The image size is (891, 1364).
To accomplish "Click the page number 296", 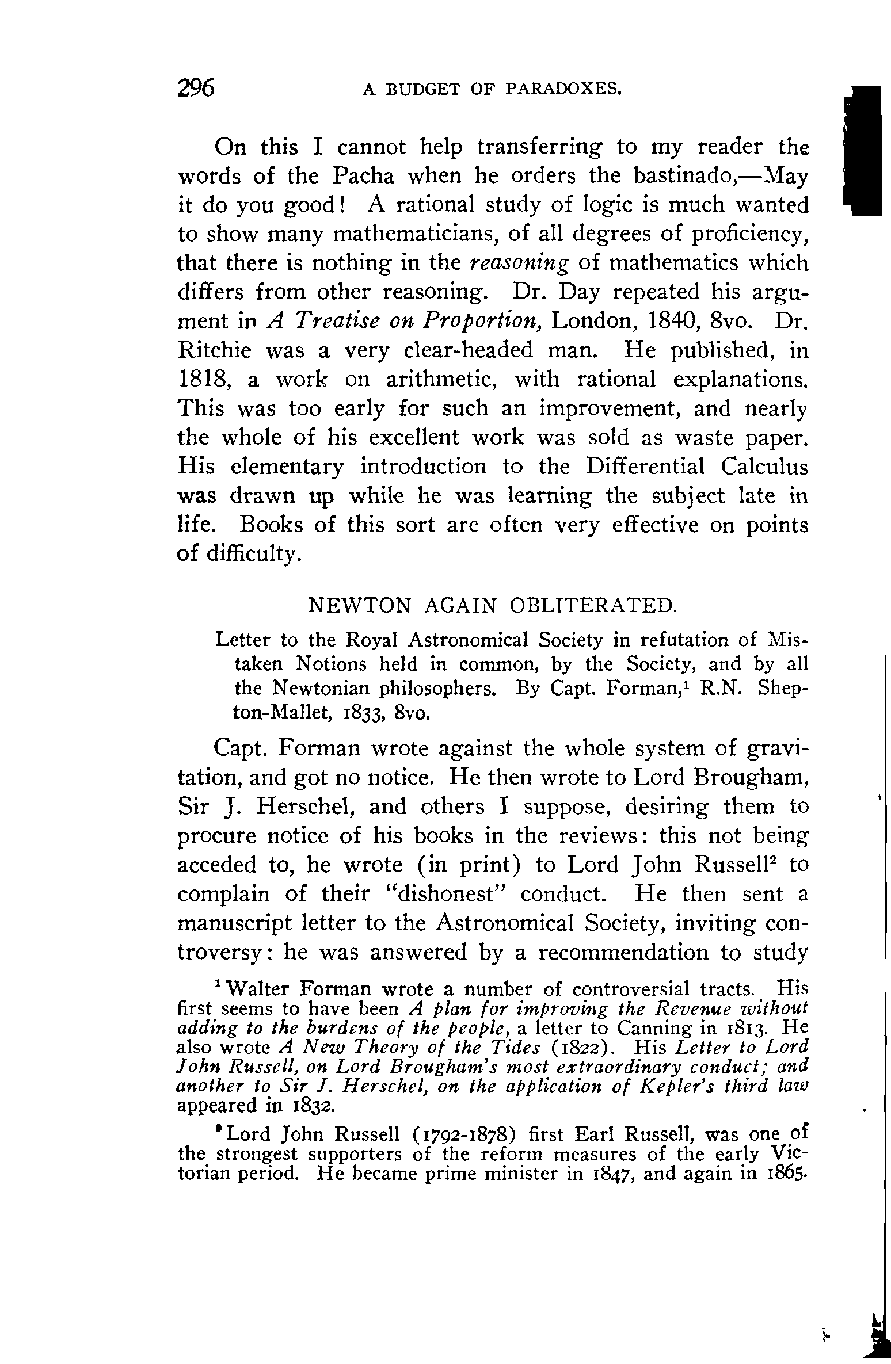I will click(196, 89).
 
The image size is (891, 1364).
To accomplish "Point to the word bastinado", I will click(681, 176).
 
